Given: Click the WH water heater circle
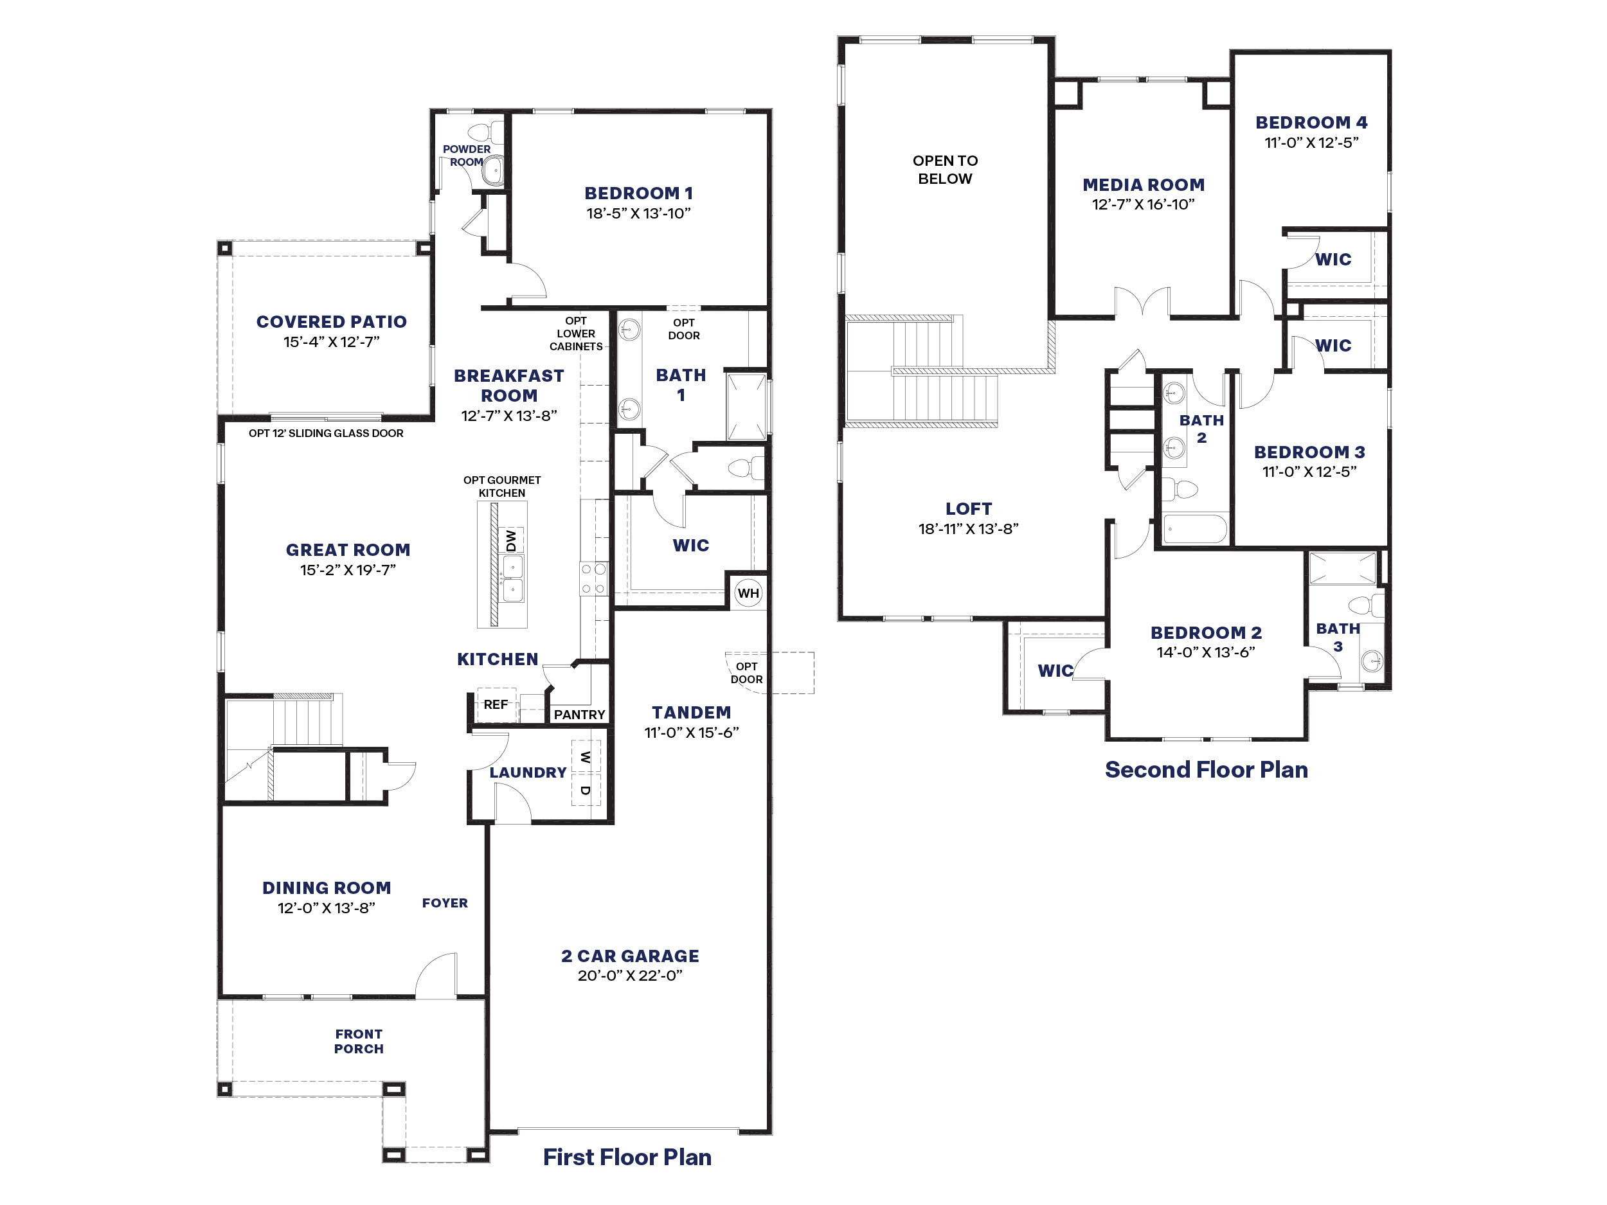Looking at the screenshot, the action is tap(748, 593).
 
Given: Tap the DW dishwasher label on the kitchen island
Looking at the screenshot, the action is tap(511, 540).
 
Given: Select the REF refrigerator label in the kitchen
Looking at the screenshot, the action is tap(496, 704).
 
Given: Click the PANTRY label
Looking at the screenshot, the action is tap(579, 715).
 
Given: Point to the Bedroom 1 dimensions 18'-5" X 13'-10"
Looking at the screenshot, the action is tap(638, 213).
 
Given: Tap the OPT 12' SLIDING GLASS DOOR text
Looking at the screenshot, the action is tap(326, 434).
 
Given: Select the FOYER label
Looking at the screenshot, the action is tap(445, 903).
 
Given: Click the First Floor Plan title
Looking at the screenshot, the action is tap(627, 1157).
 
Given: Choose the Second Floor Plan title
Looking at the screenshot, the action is tap(1206, 770).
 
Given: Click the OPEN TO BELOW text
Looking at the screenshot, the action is tap(945, 169).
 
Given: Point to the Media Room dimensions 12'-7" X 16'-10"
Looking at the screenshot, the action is tap(1144, 205).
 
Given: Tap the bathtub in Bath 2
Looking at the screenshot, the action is tap(1194, 529).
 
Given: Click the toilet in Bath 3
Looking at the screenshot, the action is tap(1366, 605).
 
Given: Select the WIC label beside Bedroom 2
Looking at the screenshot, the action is tap(1055, 670).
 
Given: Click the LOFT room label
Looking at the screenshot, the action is tap(969, 509).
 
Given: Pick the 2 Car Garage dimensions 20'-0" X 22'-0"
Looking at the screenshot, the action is tap(630, 976).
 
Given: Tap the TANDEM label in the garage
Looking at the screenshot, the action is tap(692, 713).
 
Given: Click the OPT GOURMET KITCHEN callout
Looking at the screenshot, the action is tap(502, 486).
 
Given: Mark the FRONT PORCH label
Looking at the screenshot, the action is tap(359, 1041).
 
